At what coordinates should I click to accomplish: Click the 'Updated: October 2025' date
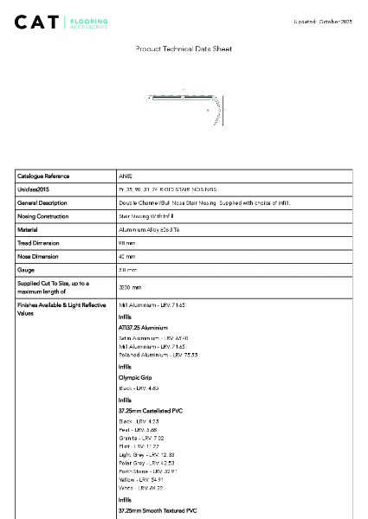point(323,21)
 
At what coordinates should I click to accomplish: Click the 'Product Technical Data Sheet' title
point(184,49)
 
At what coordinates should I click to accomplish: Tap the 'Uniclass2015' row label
point(34,189)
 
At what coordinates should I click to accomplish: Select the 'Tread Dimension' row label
point(39,243)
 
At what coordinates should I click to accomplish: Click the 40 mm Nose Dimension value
point(127,257)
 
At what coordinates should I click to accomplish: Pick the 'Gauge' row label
point(26,271)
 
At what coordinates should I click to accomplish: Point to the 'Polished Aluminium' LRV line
point(158,355)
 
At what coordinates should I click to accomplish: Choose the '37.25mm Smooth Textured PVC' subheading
point(158,511)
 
